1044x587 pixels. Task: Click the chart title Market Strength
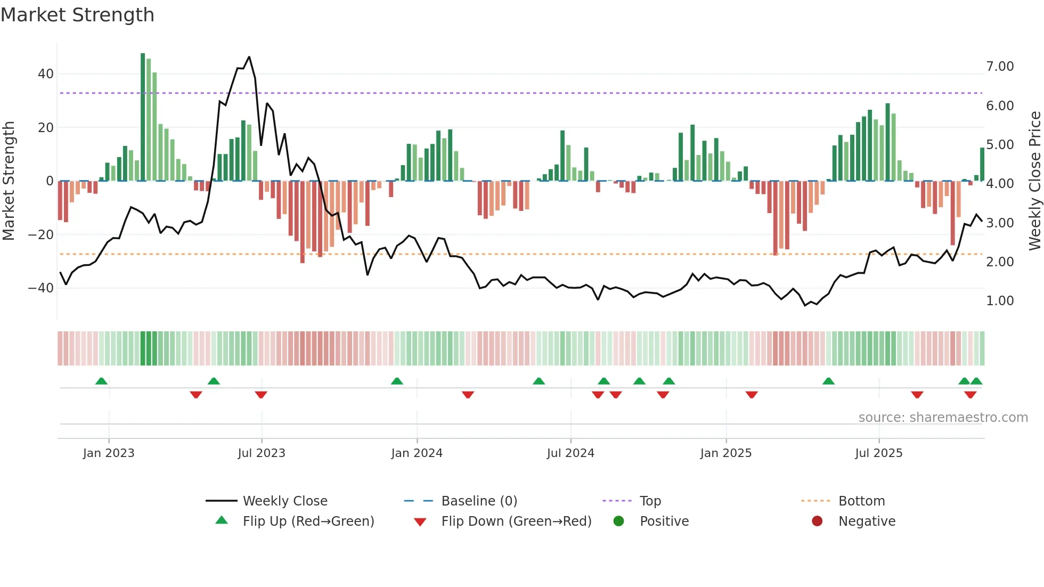[x=77, y=15]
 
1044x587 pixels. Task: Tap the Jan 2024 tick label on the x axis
[x=417, y=453]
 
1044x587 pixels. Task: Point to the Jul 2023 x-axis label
[x=262, y=453]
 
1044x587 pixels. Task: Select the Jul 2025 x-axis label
[x=879, y=453]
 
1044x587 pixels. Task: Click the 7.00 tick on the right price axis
[x=1000, y=67]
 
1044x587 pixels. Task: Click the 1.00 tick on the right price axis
[x=1000, y=301]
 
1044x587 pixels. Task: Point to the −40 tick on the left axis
[x=41, y=288]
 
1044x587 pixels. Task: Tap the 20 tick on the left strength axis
[x=46, y=128]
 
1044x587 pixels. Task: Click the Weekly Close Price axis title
[x=1034, y=181]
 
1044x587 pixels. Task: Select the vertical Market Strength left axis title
[x=9, y=181]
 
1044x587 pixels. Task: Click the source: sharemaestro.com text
[x=943, y=418]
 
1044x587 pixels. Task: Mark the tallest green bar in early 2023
[x=143, y=117]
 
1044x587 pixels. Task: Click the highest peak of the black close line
[x=249, y=57]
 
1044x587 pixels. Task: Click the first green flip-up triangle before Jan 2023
[x=101, y=381]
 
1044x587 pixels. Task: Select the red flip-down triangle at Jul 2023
[x=261, y=395]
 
